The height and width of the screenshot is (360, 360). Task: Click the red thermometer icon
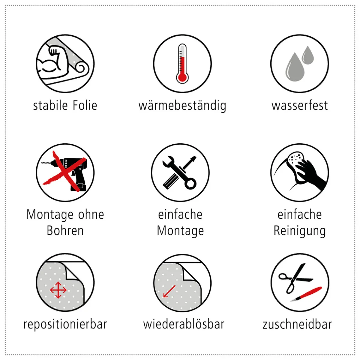(x=182, y=64)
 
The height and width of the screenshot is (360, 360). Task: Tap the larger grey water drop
(x=295, y=67)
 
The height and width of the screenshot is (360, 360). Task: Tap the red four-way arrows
(x=58, y=290)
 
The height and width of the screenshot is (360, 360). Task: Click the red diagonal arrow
(x=169, y=291)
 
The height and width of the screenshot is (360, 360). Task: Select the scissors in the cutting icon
(x=295, y=278)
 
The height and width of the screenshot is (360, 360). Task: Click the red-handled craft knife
(x=306, y=294)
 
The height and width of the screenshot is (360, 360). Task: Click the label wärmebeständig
(x=182, y=106)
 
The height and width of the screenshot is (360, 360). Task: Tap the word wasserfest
(x=300, y=106)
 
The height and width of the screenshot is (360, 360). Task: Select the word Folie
(x=85, y=106)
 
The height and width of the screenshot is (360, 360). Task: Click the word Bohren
(x=65, y=231)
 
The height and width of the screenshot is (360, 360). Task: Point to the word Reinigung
(x=300, y=231)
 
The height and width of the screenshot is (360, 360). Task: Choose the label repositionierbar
(x=65, y=325)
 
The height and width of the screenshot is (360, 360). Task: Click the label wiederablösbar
(x=184, y=324)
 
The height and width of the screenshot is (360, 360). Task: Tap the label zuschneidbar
(x=297, y=324)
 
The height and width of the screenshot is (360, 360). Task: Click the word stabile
(x=50, y=106)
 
